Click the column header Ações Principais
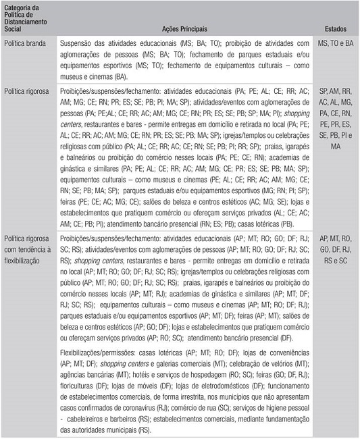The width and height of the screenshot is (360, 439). (185, 30)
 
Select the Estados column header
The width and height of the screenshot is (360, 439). (336, 30)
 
